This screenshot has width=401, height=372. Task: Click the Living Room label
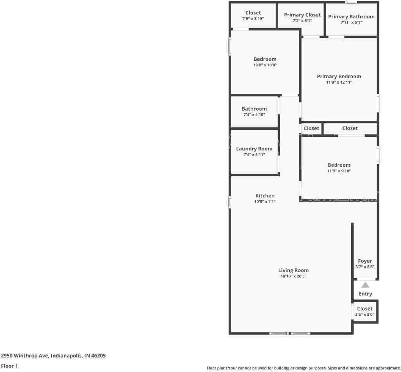click(x=293, y=270)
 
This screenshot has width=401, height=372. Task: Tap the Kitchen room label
click(x=265, y=196)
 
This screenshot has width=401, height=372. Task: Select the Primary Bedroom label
click(x=339, y=77)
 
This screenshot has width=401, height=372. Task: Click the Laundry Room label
click(x=254, y=149)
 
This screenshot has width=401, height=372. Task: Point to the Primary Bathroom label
click(x=351, y=17)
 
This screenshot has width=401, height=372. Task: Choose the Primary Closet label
click(x=302, y=15)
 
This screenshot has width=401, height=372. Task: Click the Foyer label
click(x=365, y=261)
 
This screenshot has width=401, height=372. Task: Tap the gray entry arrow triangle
click(x=365, y=285)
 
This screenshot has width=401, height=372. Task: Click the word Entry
click(x=365, y=294)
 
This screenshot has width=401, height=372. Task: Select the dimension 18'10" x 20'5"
click(x=293, y=276)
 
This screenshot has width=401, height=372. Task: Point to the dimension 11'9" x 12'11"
click(x=339, y=82)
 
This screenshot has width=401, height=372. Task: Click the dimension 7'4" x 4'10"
click(x=254, y=114)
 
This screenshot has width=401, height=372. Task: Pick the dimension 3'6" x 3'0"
click(x=365, y=315)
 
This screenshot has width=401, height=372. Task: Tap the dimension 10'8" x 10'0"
click(x=265, y=65)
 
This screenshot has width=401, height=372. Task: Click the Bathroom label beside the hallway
click(x=254, y=109)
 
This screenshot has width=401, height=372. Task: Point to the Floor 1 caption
click(x=9, y=366)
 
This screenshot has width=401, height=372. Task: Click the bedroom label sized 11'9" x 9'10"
click(x=339, y=165)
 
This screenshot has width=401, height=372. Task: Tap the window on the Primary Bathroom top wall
click(x=351, y=2)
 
